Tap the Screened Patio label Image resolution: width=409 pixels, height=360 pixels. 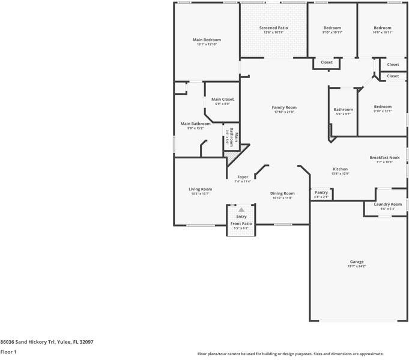[x=273, y=28]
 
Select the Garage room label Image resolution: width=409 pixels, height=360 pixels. [x=357, y=262]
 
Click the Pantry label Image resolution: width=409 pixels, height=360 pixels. [x=321, y=192]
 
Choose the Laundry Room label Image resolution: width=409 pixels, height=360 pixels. [x=387, y=204]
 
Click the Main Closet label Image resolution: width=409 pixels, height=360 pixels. [x=222, y=99]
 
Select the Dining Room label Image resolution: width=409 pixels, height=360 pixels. [x=282, y=193]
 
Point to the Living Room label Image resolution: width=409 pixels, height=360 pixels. [x=200, y=189]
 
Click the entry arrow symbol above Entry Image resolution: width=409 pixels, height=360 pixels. [x=241, y=211]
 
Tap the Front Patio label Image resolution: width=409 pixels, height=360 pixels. [x=241, y=224]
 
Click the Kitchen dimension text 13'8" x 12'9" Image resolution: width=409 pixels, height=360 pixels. [x=341, y=174]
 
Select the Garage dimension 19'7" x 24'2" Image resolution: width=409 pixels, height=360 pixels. [x=357, y=266]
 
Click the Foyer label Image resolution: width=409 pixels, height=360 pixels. [x=243, y=176]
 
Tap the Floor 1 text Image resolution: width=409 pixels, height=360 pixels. [x=8, y=352]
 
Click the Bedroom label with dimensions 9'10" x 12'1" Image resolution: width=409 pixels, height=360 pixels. [x=383, y=107]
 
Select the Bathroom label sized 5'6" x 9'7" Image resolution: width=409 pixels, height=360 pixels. [x=344, y=109]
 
